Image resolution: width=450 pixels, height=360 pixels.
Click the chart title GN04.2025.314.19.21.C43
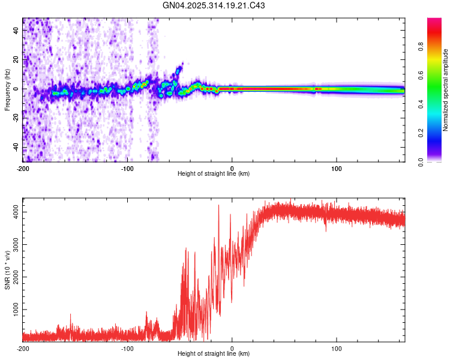214,5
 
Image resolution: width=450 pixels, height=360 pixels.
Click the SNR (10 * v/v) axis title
7,269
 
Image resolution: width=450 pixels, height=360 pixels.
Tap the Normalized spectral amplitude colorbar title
445,90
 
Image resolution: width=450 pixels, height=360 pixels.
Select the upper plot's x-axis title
214,173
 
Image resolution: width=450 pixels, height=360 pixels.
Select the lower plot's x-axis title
214,353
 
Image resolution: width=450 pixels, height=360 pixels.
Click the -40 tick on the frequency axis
16,147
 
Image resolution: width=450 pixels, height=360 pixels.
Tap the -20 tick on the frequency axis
16,118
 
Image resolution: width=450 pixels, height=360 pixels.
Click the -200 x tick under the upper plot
23,168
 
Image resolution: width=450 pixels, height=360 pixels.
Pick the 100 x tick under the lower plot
337,348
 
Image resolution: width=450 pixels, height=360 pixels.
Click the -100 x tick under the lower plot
127,348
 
